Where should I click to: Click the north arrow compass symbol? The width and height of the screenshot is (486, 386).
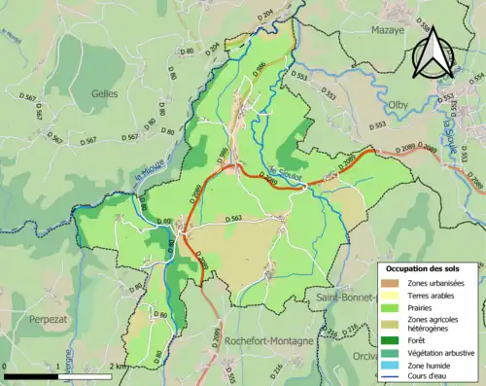click(433, 53)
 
